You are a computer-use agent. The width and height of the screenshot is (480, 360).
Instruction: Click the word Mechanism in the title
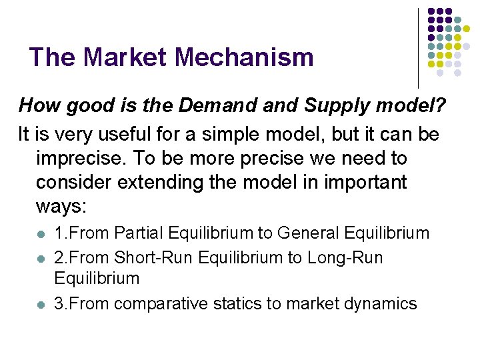click(242, 57)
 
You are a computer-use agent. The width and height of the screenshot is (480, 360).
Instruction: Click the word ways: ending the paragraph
click(62, 207)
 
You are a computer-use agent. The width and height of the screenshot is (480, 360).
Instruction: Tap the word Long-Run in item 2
click(345, 257)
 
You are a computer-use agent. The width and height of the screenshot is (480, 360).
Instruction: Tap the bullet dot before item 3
click(41, 305)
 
